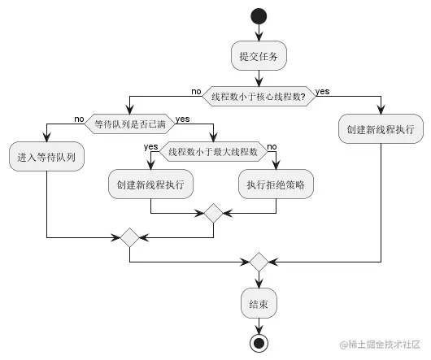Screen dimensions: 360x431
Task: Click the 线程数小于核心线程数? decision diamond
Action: [259, 97]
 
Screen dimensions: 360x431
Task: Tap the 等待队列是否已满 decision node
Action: [128, 124]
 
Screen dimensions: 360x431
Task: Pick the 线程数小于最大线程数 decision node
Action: [212, 151]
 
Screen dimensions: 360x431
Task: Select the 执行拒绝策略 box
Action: [276, 184]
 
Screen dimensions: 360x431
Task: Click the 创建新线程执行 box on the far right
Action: [380, 128]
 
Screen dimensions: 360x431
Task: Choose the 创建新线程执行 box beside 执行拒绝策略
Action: [150, 184]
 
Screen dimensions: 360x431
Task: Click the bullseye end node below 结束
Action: [259, 343]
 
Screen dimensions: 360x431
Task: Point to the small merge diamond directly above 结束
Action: [259, 262]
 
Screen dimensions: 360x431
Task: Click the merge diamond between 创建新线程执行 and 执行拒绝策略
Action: [213, 214]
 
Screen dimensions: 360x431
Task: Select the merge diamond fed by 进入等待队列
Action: [128, 238]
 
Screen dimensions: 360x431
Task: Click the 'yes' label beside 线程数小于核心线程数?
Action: [323, 90]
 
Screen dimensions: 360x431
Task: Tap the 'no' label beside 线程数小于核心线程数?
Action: [196, 90]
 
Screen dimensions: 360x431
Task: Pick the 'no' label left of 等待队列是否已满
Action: [79, 119]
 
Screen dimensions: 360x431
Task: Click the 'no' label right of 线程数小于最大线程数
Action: [272, 146]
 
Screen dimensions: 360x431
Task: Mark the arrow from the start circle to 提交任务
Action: [259, 31]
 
